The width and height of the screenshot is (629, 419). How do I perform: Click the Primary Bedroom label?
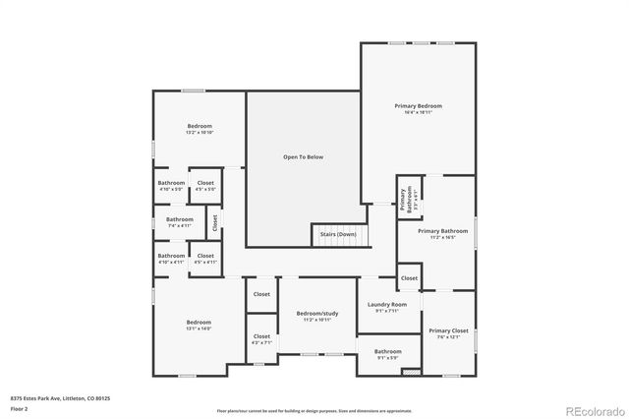[x=418, y=105]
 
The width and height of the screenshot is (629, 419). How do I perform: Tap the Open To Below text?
[x=303, y=156]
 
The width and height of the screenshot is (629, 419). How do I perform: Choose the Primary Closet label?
[x=447, y=330]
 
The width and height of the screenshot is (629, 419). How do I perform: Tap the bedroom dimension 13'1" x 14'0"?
[x=199, y=329]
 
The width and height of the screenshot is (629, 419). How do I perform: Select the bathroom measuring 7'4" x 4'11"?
[x=179, y=225]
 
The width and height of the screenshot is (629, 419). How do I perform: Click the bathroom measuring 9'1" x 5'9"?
[x=387, y=357]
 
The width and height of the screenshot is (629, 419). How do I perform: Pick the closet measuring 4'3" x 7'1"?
[x=261, y=342]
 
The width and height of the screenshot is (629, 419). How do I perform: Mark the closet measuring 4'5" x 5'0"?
[x=205, y=189]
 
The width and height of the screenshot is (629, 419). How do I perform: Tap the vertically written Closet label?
[x=215, y=222]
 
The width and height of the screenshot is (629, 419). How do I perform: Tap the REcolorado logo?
[x=593, y=410]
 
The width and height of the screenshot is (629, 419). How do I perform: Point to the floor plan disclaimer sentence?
[x=314, y=410]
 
